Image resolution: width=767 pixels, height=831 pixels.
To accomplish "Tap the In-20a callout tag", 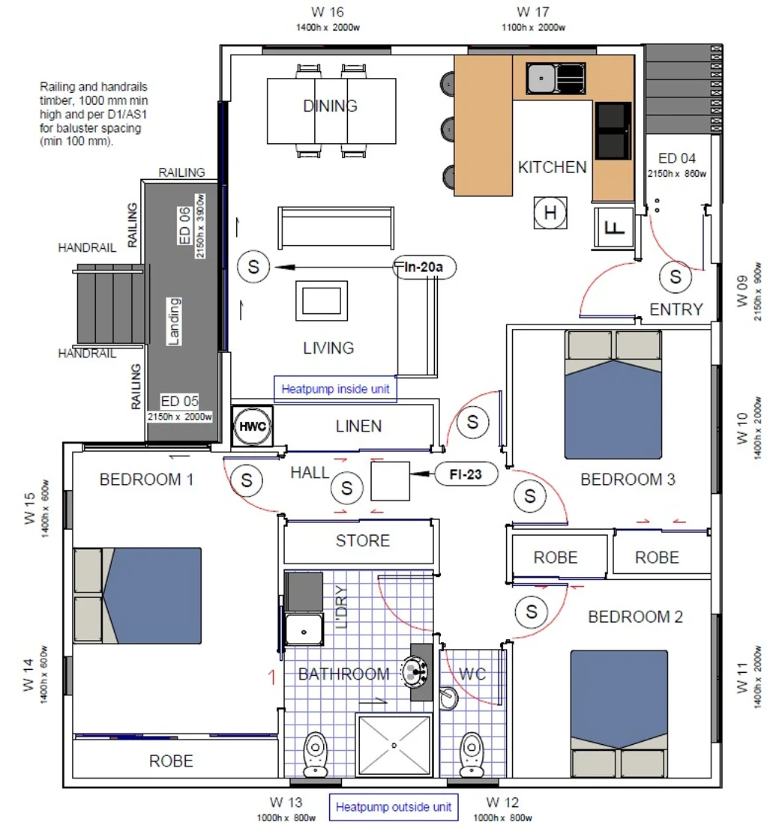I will (x=424, y=266).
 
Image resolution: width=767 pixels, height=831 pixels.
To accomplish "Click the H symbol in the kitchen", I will (x=550, y=214).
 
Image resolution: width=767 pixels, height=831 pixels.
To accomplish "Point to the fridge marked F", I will (x=614, y=226).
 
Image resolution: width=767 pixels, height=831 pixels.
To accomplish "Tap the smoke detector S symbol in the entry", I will (x=676, y=277).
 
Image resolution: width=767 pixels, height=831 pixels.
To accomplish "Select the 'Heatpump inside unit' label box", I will (x=334, y=390).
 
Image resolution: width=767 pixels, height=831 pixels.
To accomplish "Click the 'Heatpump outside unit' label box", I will (x=394, y=807).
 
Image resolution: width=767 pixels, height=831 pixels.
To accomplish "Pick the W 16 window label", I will (x=327, y=12).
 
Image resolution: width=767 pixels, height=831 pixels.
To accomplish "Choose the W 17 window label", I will (x=533, y=12).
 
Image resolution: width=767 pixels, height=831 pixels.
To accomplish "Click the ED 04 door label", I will (x=677, y=158).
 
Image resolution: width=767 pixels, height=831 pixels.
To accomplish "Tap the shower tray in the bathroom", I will (x=394, y=746).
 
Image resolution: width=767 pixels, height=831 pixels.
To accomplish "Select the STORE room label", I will (x=362, y=541).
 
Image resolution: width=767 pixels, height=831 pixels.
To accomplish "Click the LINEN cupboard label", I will (x=358, y=426).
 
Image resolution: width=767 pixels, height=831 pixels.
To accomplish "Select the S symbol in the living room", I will (x=253, y=266).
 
